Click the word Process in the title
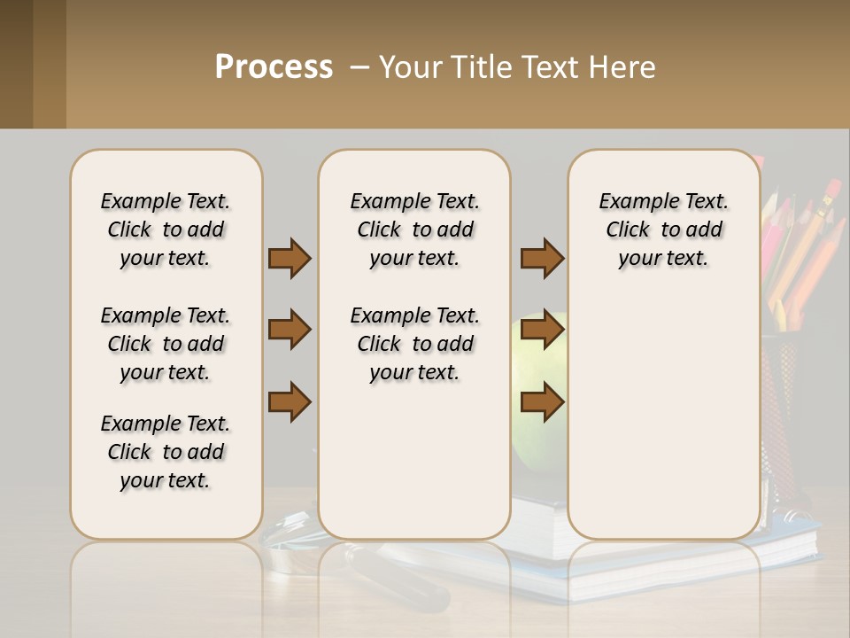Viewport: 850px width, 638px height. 274,67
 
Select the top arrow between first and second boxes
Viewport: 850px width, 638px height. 290,258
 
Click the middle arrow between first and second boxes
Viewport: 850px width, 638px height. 290,330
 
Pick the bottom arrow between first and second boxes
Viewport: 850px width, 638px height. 290,401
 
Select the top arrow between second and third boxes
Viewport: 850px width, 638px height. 542,258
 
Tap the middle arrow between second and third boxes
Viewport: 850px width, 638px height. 542,330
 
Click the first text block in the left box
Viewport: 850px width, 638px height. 166,230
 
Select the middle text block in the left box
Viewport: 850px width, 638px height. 166,344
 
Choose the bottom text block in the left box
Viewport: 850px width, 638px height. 166,452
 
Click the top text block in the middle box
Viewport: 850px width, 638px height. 414,230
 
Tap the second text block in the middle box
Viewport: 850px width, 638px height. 414,344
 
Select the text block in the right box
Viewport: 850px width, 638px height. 663,230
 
